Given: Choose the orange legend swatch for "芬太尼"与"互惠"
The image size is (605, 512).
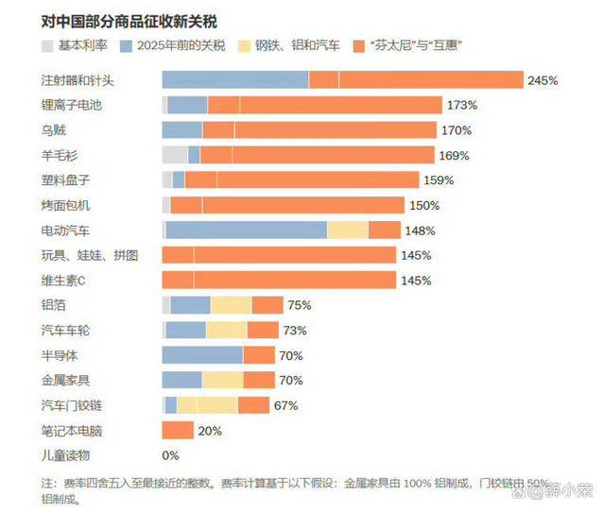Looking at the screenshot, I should [x=357, y=44].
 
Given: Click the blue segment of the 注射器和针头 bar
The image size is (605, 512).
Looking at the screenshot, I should [x=235, y=80].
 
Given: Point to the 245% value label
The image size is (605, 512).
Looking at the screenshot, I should [x=543, y=80].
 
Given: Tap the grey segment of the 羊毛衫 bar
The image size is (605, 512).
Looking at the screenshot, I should [x=175, y=155].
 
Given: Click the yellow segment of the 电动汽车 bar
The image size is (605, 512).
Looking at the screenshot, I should [x=347, y=230].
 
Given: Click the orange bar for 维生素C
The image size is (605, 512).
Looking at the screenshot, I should [x=279, y=280].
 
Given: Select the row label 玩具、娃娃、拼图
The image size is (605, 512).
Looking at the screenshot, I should [x=91, y=255].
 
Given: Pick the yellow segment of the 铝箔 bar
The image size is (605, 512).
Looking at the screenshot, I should [x=231, y=304].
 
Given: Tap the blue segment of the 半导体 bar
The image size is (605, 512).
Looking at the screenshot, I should [x=202, y=355].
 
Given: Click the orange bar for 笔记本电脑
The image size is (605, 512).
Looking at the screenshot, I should [x=178, y=430].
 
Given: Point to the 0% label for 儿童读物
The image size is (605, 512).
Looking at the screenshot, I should [x=171, y=455].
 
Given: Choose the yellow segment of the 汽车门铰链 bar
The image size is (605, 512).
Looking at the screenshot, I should [x=207, y=405].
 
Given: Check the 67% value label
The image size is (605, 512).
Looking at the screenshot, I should [x=286, y=405].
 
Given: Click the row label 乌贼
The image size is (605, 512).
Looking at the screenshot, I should [x=55, y=129].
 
